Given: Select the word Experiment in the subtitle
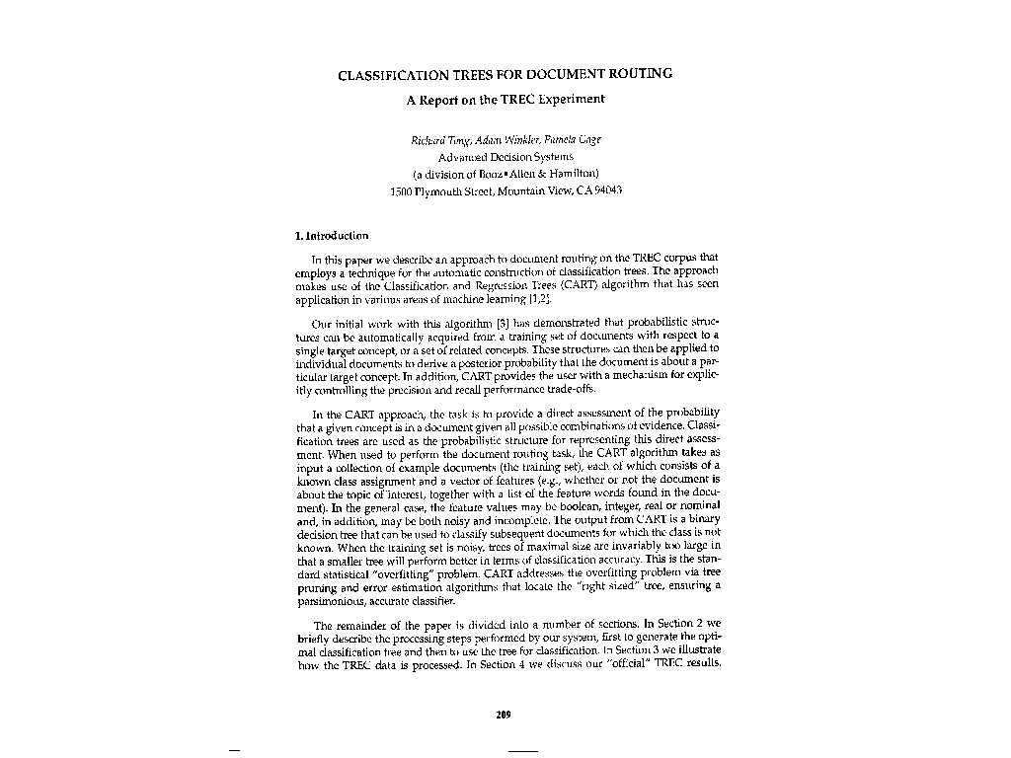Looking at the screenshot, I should pyautogui.click(x=572, y=99).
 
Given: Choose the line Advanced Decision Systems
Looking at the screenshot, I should pyautogui.click(x=505, y=156).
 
